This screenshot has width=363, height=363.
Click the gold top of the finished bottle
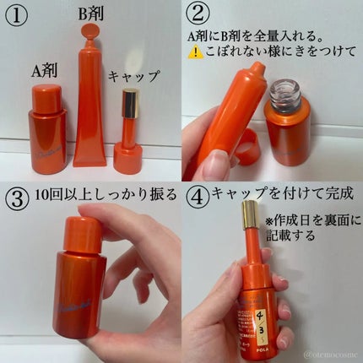click(x=250, y=219)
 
